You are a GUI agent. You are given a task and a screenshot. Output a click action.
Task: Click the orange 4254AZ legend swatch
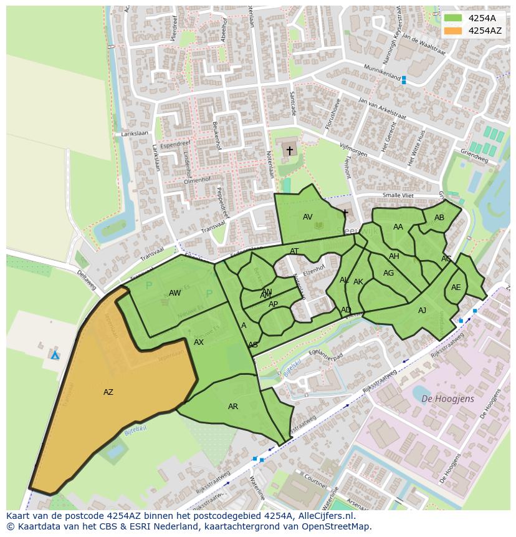coord(453,31)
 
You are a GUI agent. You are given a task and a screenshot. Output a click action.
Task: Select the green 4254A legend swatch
coord(453,18)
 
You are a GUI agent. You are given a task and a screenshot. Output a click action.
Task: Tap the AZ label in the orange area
coord(108,392)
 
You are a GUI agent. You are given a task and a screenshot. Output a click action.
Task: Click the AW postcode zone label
coord(175,293)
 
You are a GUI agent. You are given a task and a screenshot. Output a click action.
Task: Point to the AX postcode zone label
coord(199,342)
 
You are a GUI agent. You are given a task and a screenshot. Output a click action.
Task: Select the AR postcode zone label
coord(233,407)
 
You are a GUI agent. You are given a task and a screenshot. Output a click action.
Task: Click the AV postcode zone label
coord(308,217)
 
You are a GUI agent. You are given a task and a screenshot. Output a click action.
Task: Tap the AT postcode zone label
coord(294,251)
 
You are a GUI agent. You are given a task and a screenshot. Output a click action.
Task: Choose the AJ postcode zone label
coord(423,311)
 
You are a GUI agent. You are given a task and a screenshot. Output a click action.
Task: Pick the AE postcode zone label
coord(456,288)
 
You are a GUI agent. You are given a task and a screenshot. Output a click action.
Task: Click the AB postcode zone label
coord(439,218)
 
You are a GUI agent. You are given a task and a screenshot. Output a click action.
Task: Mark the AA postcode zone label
coord(398,227)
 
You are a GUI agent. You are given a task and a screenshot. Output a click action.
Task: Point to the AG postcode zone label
coord(389,273)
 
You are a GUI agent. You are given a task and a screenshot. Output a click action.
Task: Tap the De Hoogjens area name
coord(447,399)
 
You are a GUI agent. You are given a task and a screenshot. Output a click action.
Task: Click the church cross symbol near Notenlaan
coord(289,151)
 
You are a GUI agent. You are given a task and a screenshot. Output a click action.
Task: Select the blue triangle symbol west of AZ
coord(55,355)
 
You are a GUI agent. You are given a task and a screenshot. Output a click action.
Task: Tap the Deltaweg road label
coord(87,279)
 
